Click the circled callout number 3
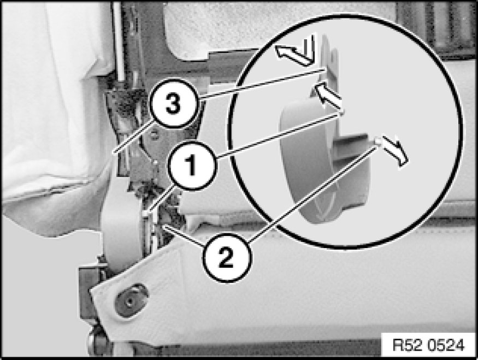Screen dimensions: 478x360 (x=173, y=104)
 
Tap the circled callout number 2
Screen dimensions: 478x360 (x=226, y=258)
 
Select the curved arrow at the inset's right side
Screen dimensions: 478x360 (x=395, y=151)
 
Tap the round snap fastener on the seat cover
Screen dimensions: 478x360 (x=132, y=300)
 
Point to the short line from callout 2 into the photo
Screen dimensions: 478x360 (x=184, y=236)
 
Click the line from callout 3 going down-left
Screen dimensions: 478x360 (x=132, y=137)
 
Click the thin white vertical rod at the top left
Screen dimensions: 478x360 (x=119, y=43)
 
